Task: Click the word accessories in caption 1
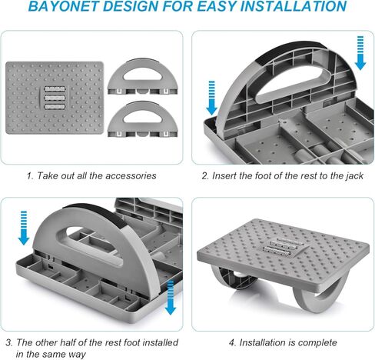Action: coord(128,176)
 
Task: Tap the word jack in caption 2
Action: coord(350,176)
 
